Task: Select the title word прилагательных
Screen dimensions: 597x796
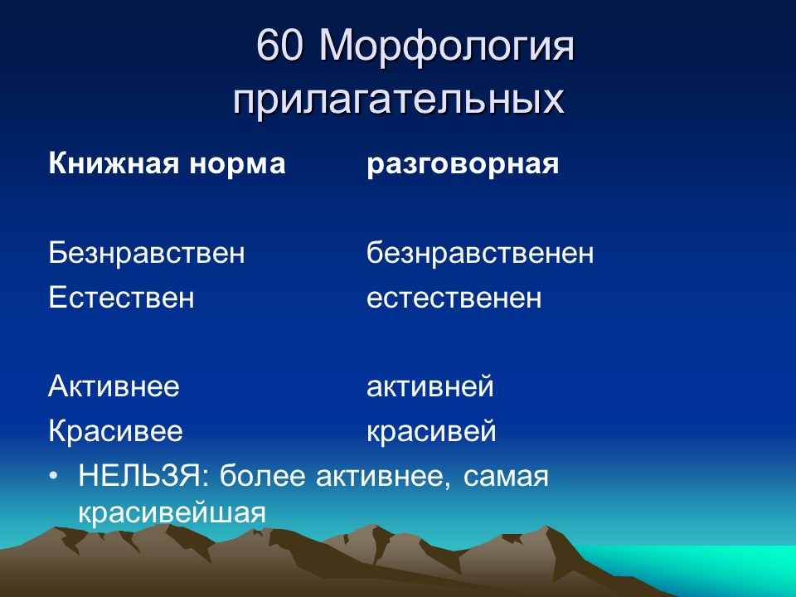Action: coord(399,100)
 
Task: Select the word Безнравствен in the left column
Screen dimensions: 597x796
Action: coord(147,253)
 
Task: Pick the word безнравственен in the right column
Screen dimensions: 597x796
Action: coord(480,253)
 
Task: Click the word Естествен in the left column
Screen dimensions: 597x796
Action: coord(121,297)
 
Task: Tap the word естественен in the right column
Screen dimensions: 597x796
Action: coord(454,297)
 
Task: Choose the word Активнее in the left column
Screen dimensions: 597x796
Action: coord(114,386)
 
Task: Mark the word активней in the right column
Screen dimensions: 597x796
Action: coord(430,386)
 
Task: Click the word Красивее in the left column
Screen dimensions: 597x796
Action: coord(115,431)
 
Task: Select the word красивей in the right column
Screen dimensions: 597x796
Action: coord(431,431)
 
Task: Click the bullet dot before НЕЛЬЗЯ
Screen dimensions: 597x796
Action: coord(54,478)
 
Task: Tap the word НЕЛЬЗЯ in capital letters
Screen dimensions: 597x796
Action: coord(138,477)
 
